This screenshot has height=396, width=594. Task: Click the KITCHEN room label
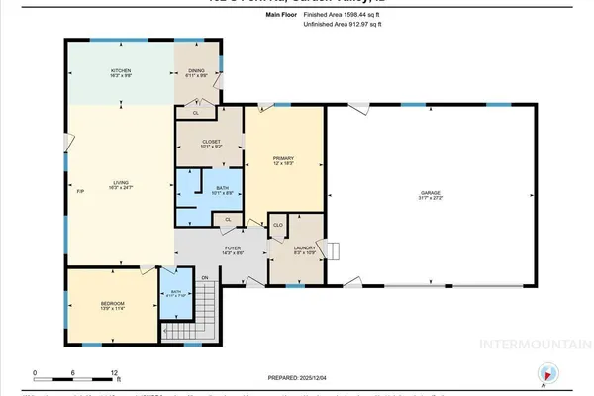click(x=121, y=71)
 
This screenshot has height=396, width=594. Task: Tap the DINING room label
click(x=196, y=71)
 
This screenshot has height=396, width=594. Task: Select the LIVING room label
click(x=121, y=182)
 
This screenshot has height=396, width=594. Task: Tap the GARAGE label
click(x=428, y=195)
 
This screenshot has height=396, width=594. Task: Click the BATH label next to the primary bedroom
click(x=208, y=190)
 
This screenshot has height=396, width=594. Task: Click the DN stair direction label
click(x=206, y=278)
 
